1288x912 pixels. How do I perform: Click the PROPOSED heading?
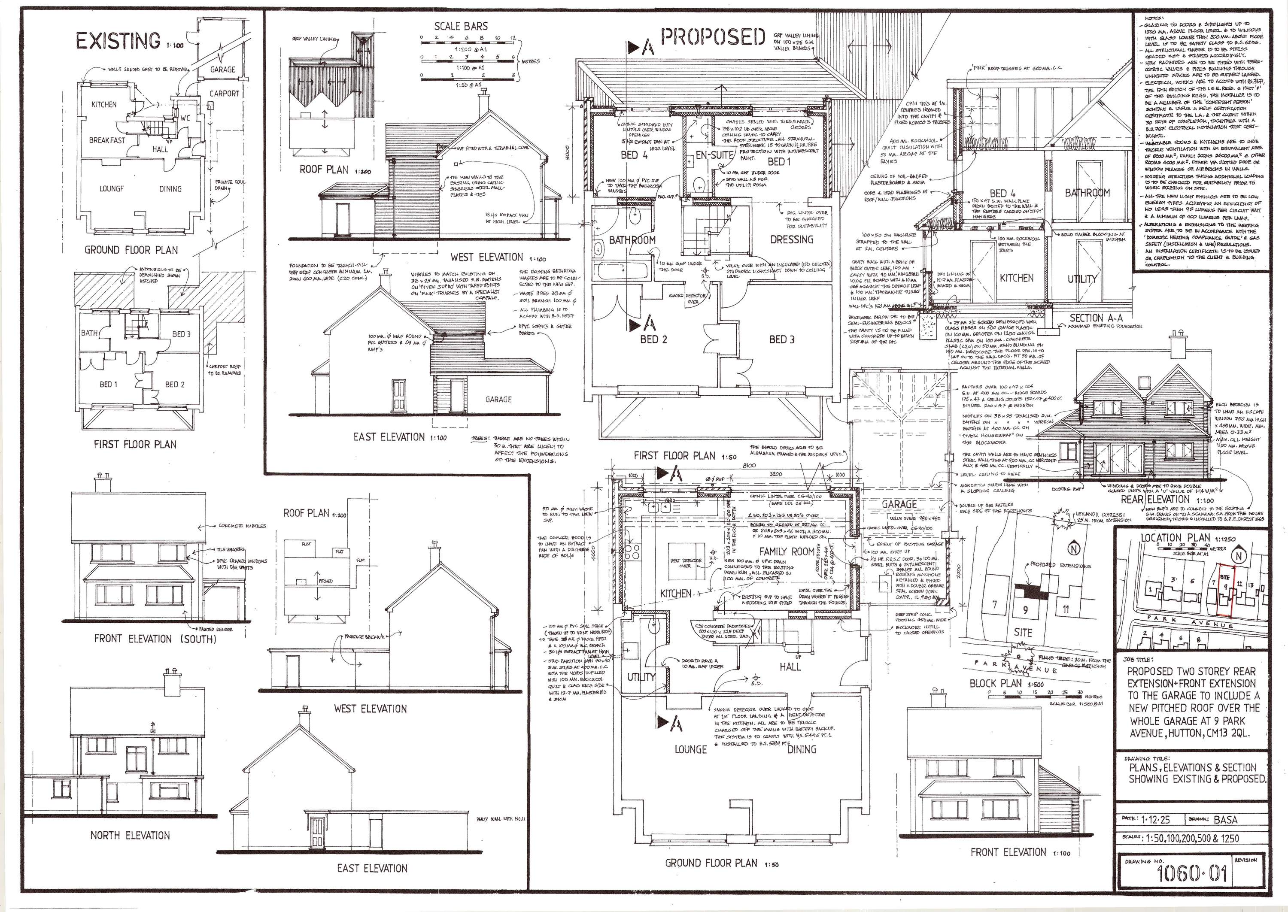pyautogui.click(x=713, y=38)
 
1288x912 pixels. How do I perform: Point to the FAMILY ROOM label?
pyautogui.click(x=787, y=551)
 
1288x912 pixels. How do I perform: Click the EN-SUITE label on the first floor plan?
pyautogui.click(x=714, y=155)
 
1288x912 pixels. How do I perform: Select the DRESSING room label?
pyautogui.click(x=791, y=239)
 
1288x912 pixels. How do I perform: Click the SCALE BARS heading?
pyautogui.click(x=461, y=26)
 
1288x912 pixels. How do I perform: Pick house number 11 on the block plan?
pyautogui.click(x=1066, y=609)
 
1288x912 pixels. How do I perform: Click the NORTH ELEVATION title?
pyautogui.click(x=130, y=835)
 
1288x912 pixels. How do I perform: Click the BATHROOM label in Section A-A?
pyautogui.click(x=1088, y=193)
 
